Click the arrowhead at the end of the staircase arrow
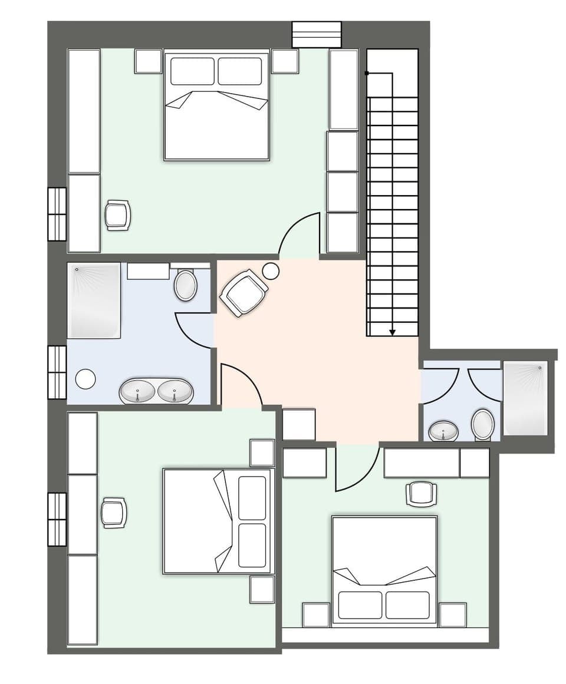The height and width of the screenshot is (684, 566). [392, 333]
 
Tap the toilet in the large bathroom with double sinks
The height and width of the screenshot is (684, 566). [186, 285]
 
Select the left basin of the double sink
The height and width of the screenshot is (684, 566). [139, 391]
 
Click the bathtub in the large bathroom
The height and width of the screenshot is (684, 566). [94, 301]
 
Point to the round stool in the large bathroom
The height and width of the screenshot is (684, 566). [86, 379]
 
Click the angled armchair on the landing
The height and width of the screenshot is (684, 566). [243, 292]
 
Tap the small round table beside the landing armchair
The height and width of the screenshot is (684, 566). [271, 271]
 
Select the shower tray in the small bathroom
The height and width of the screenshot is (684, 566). [525, 398]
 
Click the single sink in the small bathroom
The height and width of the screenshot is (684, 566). [443, 431]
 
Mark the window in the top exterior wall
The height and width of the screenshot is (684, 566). [317, 34]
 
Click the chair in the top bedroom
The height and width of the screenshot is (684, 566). [117, 214]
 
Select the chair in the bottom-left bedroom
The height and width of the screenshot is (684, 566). [114, 512]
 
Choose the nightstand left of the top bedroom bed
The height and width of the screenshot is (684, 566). [148, 61]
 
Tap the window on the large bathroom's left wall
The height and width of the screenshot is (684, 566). [57, 372]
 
